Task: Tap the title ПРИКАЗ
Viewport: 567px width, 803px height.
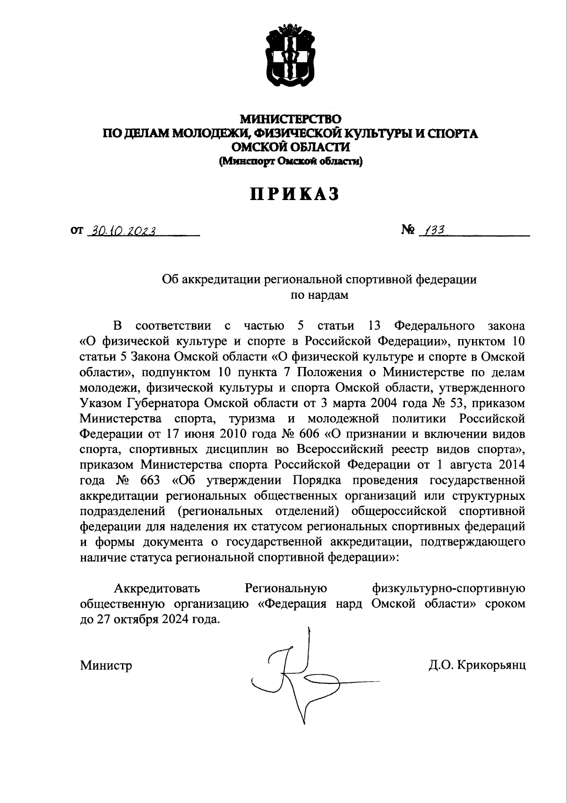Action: pos(295,194)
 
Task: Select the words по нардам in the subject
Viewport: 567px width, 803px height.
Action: pos(319,295)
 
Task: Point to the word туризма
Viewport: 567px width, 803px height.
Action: pos(256,419)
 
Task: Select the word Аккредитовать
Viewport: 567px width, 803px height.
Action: pos(157,589)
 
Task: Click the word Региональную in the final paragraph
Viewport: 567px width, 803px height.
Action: pos(286,589)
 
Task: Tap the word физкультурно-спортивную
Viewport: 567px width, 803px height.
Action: pos(448,589)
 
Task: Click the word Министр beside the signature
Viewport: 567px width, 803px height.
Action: pos(106,666)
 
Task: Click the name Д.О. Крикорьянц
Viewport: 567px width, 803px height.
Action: pos(477,666)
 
